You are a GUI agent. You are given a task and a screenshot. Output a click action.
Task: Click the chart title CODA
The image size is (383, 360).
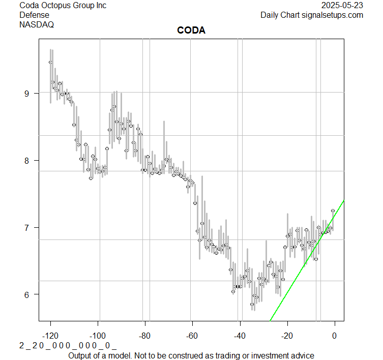[x=191, y=31]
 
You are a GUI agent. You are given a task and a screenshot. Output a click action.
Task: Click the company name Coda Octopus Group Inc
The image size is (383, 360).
[x=63, y=6]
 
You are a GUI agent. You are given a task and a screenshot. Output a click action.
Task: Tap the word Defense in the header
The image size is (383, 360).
[x=34, y=15]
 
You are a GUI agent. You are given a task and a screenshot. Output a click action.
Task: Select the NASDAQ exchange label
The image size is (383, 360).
[x=37, y=24]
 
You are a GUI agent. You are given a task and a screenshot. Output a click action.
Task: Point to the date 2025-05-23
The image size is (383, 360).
[x=343, y=6]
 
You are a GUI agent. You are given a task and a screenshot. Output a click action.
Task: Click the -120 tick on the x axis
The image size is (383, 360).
[x=50, y=335]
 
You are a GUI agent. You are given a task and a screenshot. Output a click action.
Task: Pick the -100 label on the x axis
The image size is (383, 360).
[x=98, y=335]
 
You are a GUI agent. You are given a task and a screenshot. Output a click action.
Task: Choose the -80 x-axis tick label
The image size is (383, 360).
[x=145, y=335]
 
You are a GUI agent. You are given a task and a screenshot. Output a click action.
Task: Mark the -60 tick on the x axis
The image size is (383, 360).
[x=192, y=335]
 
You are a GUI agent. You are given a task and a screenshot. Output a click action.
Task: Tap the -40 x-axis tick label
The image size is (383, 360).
[x=240, y=335]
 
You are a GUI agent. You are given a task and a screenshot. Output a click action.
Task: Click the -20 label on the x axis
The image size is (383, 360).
[x=287, y=335]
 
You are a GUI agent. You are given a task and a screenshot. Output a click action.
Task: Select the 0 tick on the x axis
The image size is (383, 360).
[x=334, y=335]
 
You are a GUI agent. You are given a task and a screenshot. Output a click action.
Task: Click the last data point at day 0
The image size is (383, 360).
[x=333, y=211]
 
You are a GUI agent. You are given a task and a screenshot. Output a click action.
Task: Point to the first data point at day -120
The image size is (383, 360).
[x=50, y=62]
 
